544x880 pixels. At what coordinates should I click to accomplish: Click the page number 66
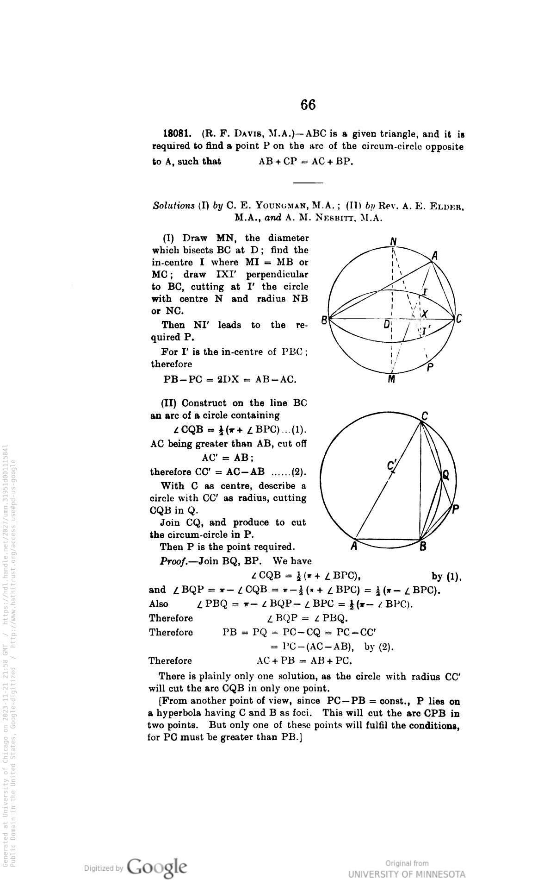click(x=308, y=105)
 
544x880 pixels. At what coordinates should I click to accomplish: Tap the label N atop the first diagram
click(x=393, y=241)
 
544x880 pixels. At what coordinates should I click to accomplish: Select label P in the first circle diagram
click(x=430, y=368)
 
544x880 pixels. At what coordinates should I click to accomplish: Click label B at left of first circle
click(x=325, y=320)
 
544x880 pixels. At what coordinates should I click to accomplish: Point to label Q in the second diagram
click(x=446, y=475)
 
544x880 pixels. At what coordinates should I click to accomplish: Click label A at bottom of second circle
click(x=354, y=547)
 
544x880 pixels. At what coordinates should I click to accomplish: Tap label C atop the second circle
click(x=425, y=415)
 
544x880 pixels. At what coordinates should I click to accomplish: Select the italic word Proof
click(x=173, y=561)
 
